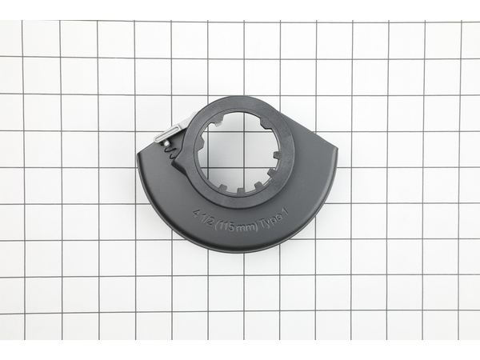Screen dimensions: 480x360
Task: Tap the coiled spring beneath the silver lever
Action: pos(171,152)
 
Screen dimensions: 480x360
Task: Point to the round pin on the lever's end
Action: pos(166,142)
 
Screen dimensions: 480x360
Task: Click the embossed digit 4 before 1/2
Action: pos(195,212)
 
